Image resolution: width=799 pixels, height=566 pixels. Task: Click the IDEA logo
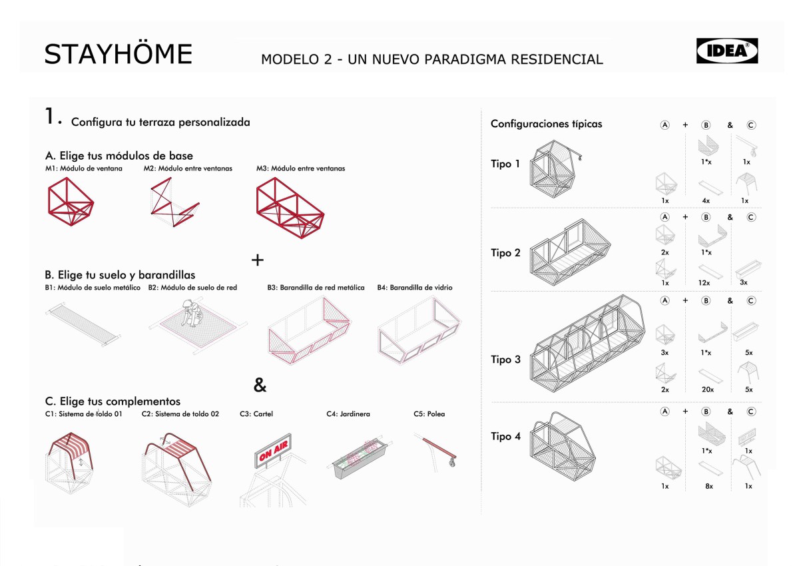tap(726, 51)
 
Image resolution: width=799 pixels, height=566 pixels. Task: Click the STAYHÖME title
tap(118, 54)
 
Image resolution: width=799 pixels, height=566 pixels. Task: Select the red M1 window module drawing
tap(69, 203)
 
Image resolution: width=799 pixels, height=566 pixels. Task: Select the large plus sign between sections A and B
tap(258, 260)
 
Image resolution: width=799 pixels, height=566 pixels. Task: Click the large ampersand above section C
tap(260, 385)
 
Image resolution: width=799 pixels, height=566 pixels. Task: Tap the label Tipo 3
tap(505, 360)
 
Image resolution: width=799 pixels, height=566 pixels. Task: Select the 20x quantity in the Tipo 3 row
tap(706, 390)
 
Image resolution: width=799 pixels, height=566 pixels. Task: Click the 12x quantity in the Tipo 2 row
tap(704, 283)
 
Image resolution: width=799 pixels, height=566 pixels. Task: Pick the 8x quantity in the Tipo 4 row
tap(708, 486)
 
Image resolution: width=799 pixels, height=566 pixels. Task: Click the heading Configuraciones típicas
tap(546, 124)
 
